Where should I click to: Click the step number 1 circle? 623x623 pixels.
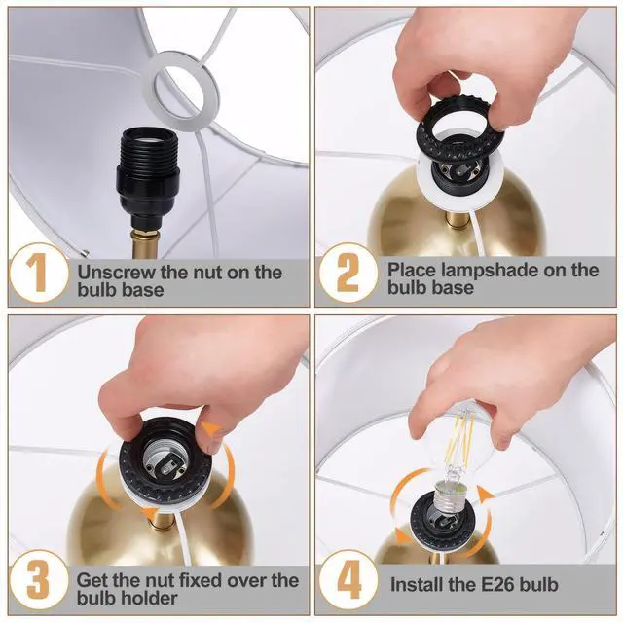(39, 273)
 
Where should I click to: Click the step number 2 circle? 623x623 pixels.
(348, 273)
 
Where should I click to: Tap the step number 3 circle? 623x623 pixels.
(39, 580)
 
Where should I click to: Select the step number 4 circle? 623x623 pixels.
(348, 580)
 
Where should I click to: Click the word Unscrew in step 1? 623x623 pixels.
(117, 273)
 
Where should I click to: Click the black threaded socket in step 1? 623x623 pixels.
(147, 175)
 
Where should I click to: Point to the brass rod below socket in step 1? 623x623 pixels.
(145, 243)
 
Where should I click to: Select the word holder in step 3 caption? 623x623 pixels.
(152, 599)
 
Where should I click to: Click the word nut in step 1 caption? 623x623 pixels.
(207, 274)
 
